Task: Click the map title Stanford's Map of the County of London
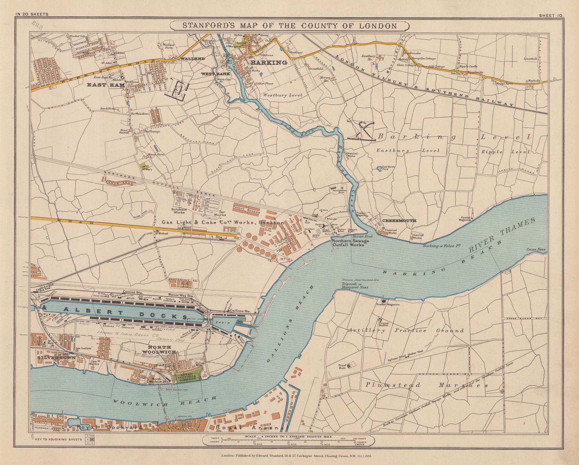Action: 289,26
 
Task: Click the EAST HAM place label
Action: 106,85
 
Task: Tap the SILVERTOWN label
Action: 56,358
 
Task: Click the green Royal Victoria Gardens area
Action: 187,376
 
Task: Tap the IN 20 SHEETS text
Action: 32,14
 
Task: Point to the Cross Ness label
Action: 536,249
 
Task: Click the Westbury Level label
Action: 282,95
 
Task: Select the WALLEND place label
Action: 193,59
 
